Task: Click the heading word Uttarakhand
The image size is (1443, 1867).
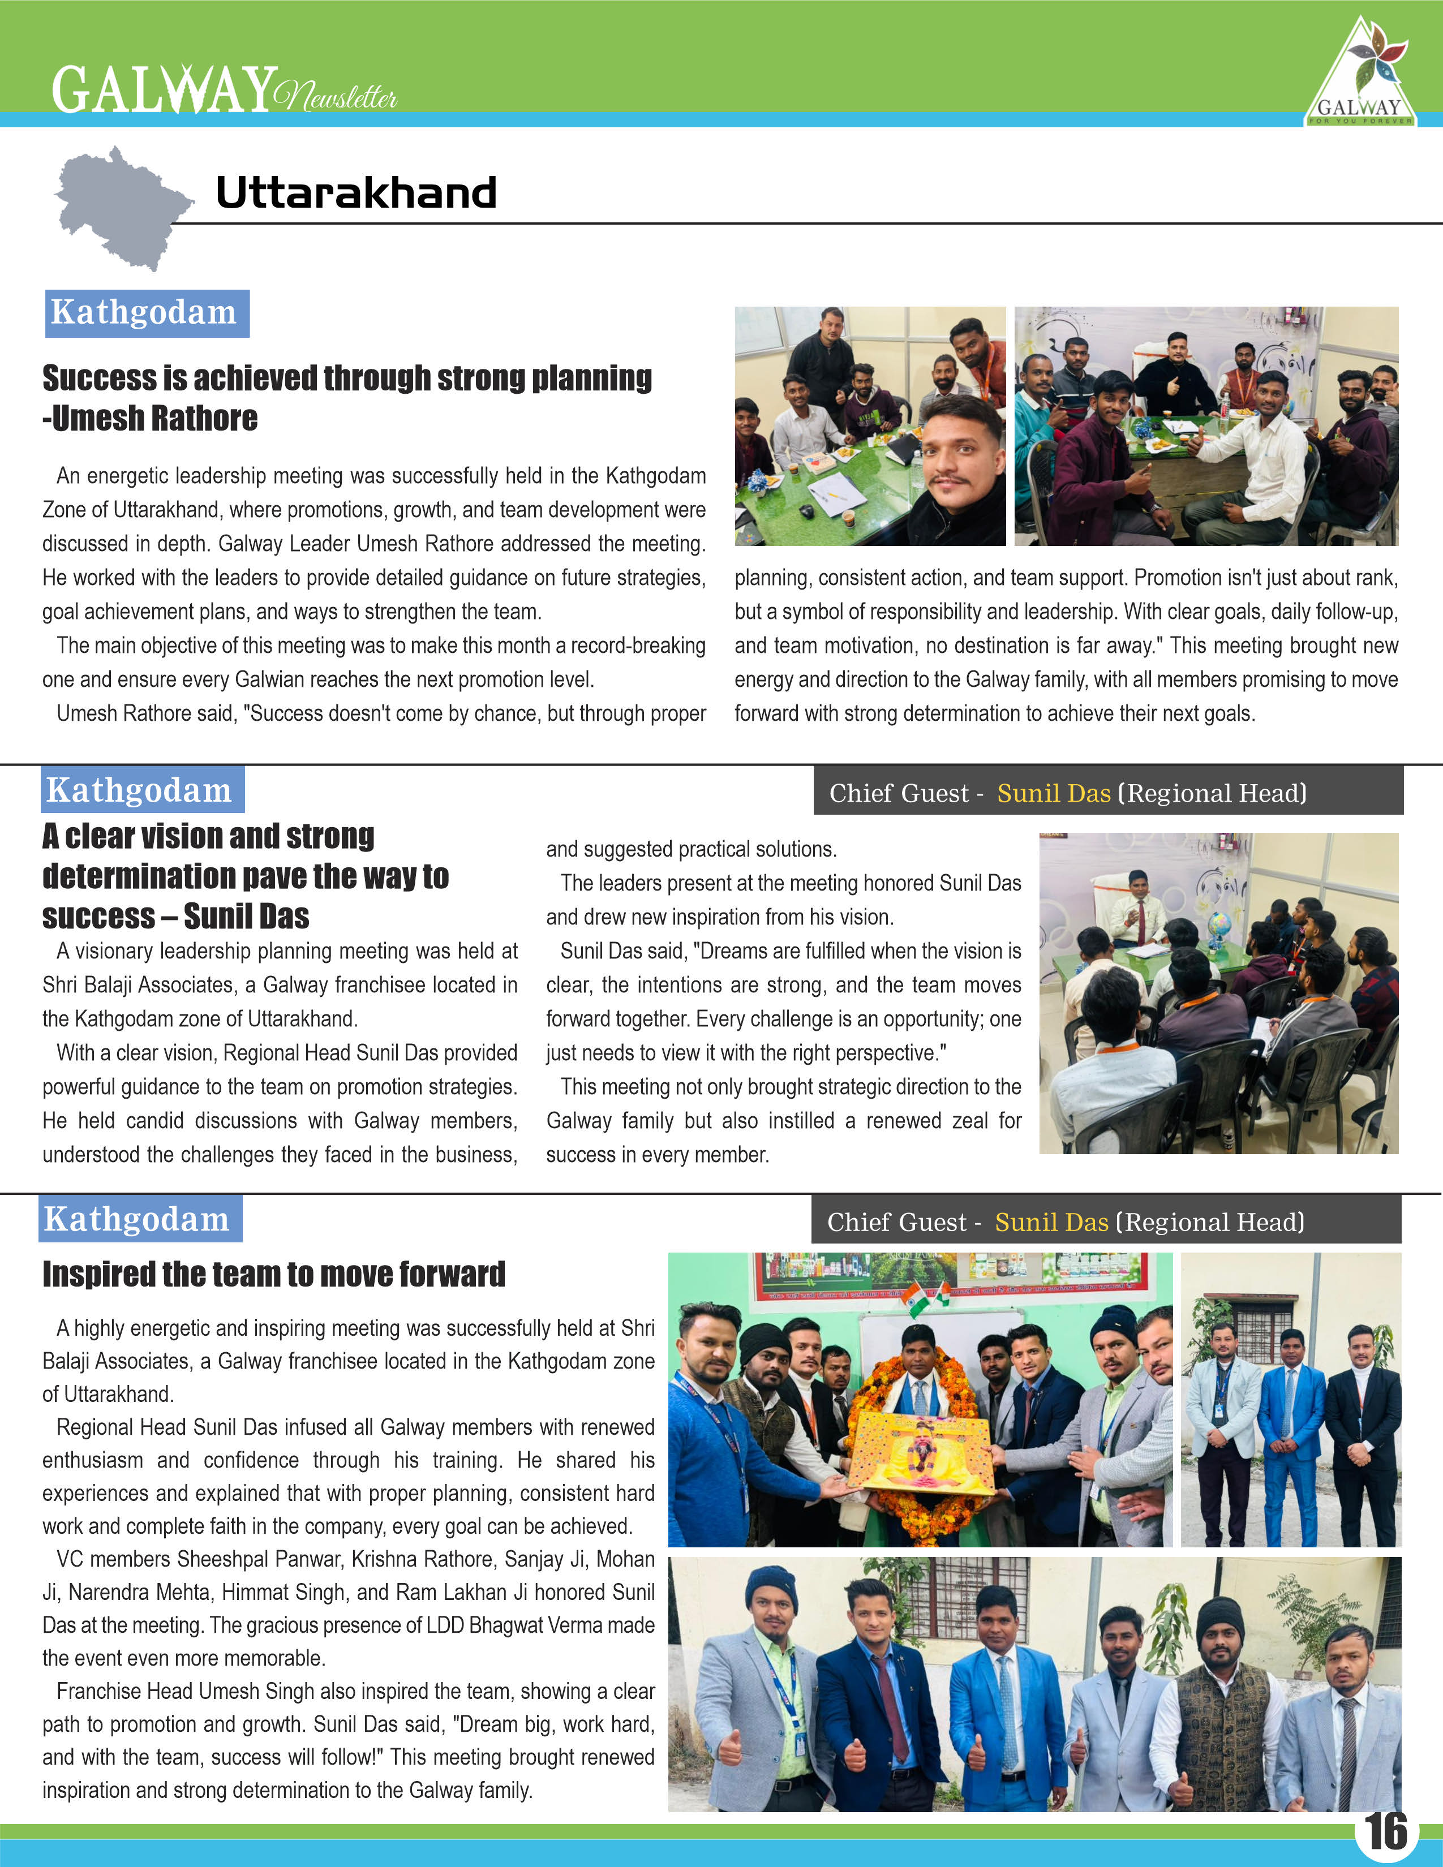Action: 355,192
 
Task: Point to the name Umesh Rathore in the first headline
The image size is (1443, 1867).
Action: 154,419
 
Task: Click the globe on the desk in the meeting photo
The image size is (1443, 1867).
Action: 1218,924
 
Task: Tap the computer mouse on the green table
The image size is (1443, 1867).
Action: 805,511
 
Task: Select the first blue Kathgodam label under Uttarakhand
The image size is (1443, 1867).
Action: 146,313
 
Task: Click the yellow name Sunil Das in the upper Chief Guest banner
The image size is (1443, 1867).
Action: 1053,793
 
